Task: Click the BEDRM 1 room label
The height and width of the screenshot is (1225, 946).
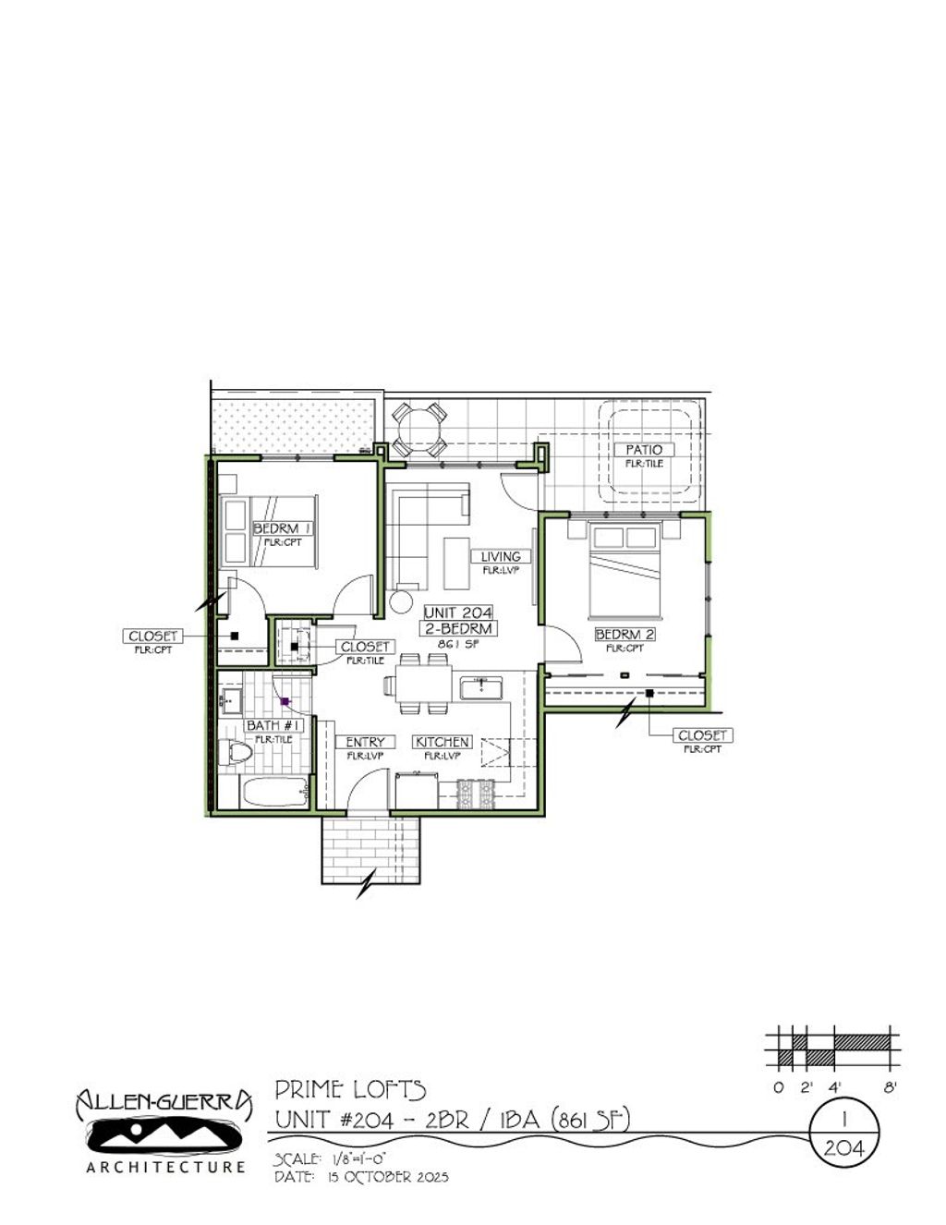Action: [283, 528]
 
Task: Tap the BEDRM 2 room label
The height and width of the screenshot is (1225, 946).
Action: [625, 635]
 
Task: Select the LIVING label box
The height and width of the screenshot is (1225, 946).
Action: [501, 556]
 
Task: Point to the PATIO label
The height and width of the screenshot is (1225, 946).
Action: [644, 450]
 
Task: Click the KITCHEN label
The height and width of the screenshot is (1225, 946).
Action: [443, 742]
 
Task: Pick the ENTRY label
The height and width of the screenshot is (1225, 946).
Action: [365, 742]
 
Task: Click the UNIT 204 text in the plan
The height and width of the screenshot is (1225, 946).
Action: [458, 612]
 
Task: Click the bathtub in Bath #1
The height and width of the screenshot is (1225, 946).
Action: [273, 792]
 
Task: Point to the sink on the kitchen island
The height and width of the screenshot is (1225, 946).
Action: [480, 687]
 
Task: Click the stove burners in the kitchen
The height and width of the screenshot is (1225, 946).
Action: [478, 792]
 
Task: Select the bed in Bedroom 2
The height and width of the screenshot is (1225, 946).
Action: [625, 568]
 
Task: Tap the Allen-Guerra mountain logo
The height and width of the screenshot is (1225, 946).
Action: [163, 1134]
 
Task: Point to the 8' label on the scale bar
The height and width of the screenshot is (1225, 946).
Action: [890, 1087]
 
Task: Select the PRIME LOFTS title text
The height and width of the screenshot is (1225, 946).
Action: [350, 1089]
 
